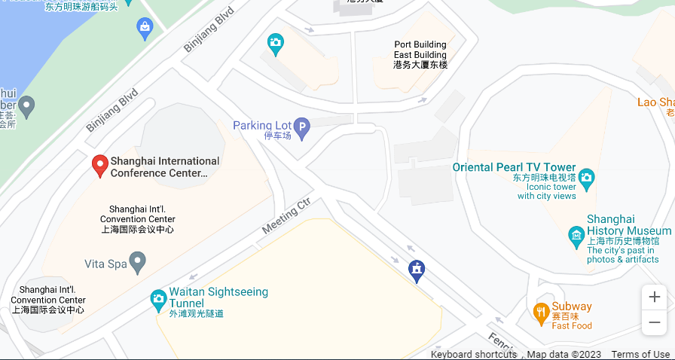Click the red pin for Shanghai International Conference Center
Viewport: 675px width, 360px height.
[99, 165]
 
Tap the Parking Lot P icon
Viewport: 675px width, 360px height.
[301, 129]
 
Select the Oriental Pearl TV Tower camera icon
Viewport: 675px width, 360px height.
[586, 180]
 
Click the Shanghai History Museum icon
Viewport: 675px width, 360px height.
[576, 236]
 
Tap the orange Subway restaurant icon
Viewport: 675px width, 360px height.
[540, 312]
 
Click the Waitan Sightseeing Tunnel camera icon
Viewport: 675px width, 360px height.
[158, 299]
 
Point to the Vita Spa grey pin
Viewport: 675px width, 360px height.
[137, 263]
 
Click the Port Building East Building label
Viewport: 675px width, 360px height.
[420, 54]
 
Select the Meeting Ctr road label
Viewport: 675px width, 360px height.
[286, 216]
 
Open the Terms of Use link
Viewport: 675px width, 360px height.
[640, 354]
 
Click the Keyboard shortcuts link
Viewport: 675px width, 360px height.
[474, 354]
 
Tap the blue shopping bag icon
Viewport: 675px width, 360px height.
[145, 29]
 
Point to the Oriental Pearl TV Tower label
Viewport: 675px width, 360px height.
[514, 167]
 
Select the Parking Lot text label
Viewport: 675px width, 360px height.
[261, 125]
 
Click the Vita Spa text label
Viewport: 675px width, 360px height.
[105, 264]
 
